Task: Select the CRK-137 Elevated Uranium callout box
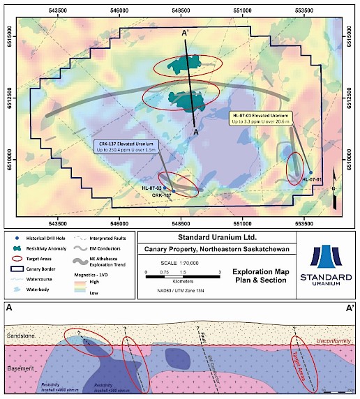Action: [x=126, y=147]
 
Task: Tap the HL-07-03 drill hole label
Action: [x=151, y=188]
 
